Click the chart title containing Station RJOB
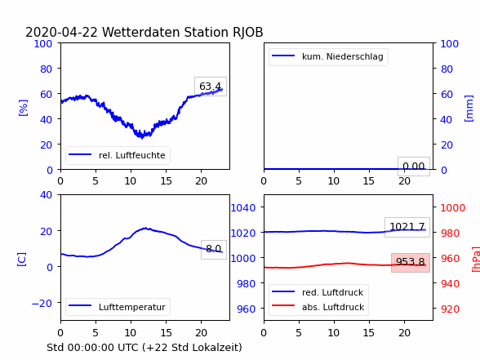pyautogui.click(x=144, y=32)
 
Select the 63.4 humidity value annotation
pyautogui.click(x=211, y=87)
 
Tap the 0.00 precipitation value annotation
pyautogui.click(x=414, y=167)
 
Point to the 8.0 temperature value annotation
pyautogui.click(x=214, y=249)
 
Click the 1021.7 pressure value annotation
pyautogui.click(x=407, y=227)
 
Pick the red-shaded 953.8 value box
pyautogui.click(x=411, y=262)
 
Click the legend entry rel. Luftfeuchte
pyautogui.click(x=118, y=155)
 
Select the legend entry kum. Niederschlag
pyautogui.click(x=327, y=56)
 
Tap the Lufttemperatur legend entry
pyautogui.click(x=118, y=307)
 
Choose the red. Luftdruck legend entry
pyautogui.click(x=318, y=292)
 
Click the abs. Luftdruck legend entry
pyautogui.click(x=318, y=307)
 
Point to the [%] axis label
pyautogui.click(x=23, y=108)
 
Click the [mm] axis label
pyautogui.click(x=469, y=109)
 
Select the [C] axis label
pyautogui.click(x=21, y=260)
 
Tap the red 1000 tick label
pyautogui.click(x=453, y=208)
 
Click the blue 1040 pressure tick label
pyautogui.click(x=243, y=208)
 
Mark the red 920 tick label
pyautogui.click(x=450, y=309)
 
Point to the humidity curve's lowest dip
pyautogui.click(x=141, y=137)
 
